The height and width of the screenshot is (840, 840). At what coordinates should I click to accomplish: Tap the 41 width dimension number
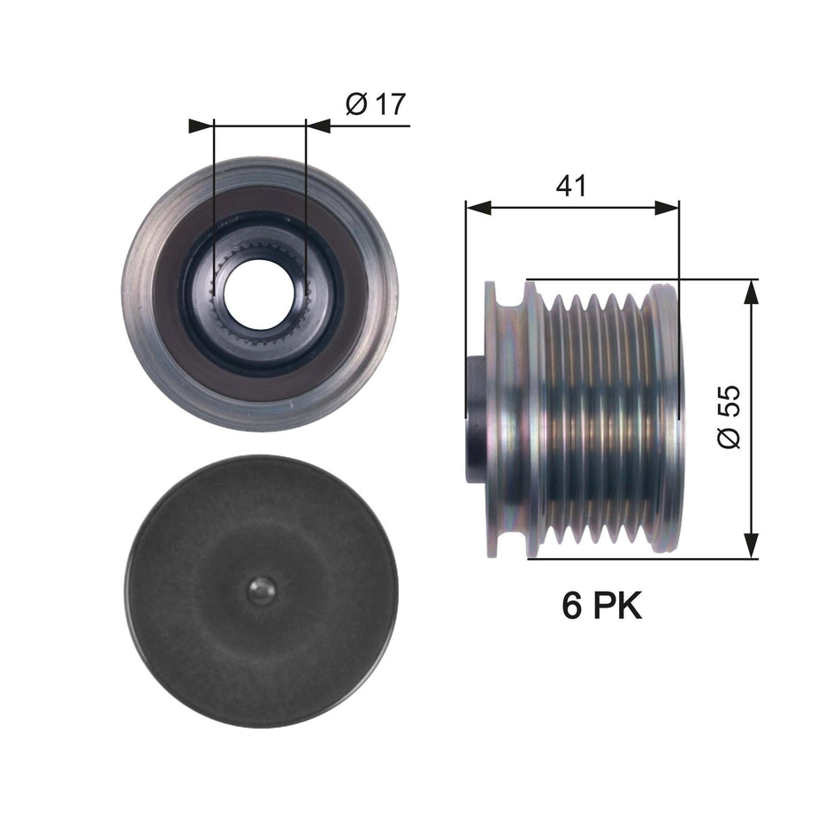571,185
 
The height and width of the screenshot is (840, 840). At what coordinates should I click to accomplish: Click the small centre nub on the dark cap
260,591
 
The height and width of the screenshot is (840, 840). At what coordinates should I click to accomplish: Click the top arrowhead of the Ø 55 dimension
751,292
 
